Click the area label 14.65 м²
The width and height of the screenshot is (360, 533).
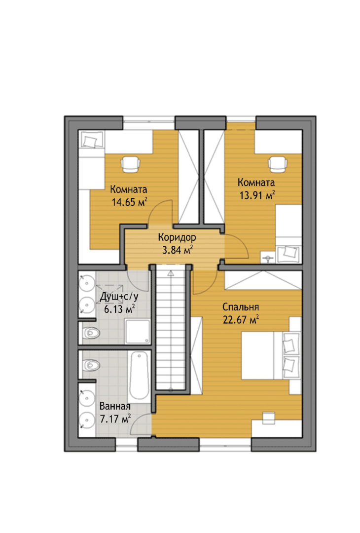129,202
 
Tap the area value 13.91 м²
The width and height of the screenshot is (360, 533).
257,195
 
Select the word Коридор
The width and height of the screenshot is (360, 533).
177,237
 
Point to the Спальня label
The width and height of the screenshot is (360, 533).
241,307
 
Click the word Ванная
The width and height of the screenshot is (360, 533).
115,406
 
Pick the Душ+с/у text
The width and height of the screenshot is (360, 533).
119,297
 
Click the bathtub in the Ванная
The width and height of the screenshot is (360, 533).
139,376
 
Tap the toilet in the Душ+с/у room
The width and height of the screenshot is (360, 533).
90,333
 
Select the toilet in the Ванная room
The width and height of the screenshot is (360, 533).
90,365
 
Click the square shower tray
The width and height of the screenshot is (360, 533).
137,332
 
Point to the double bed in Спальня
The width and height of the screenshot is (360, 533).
271,355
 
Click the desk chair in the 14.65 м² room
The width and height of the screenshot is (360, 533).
131,164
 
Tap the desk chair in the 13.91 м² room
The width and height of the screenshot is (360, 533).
278,164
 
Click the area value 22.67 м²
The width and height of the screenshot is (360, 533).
241,320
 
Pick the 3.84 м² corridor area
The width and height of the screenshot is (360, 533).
178,250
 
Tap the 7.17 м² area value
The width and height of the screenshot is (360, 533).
115,419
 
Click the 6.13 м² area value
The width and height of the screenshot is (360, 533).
119,309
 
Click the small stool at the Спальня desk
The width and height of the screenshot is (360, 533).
268,418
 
